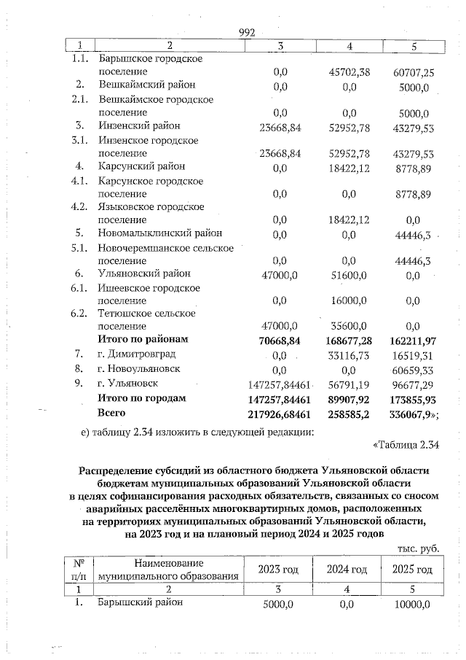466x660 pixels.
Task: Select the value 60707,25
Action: tap(413, 72)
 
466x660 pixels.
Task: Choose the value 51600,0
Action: tap(350, 273)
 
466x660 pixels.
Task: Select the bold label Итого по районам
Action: tap(143, 340)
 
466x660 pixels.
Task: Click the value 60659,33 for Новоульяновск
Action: tap(413, 370)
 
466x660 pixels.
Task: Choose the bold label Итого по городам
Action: tap(142, 398)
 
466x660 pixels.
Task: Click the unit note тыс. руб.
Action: tap(419, 548)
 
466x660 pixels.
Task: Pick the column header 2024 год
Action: tap(346, 569)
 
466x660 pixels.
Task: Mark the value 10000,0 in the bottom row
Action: tap(412, 605)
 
